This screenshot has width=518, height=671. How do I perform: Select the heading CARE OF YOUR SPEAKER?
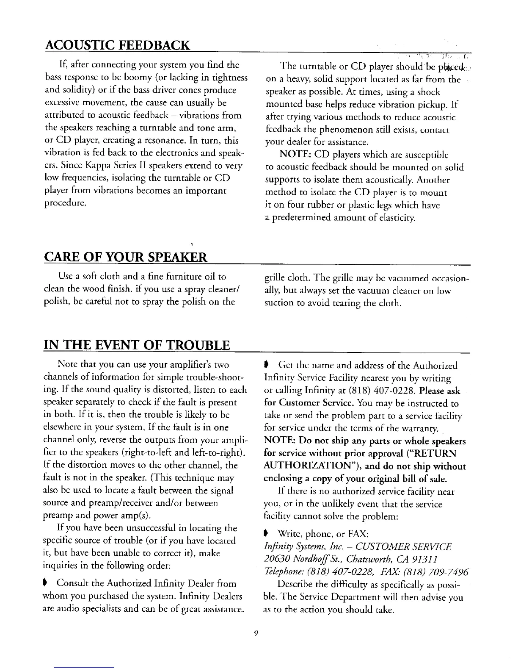[x=126, y=257]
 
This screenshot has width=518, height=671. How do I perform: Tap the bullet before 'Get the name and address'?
[x=266, y=366]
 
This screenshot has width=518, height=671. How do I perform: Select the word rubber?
[x=314, y=206]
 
